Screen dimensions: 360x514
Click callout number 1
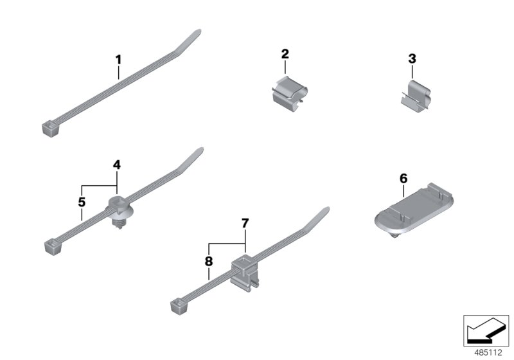point(118,60)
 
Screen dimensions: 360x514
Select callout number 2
point(285,56)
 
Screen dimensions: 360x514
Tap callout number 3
point(412,59)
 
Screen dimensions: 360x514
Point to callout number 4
point(117,165)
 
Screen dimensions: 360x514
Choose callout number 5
point(82,202)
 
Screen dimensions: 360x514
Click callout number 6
point(403,177)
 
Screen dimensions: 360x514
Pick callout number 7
point(245,223)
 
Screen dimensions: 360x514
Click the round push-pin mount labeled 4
point(118,210)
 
